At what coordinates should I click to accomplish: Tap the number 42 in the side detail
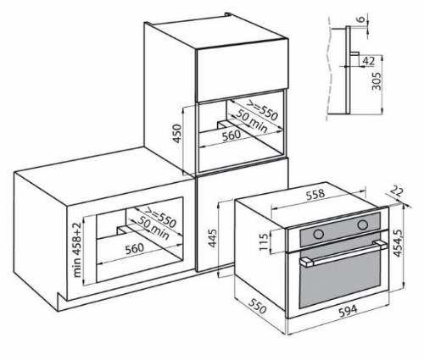click(x=369, y=61)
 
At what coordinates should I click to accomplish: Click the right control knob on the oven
click(x=362, y=224)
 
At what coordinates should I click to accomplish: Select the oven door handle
click(x=337, y=252)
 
